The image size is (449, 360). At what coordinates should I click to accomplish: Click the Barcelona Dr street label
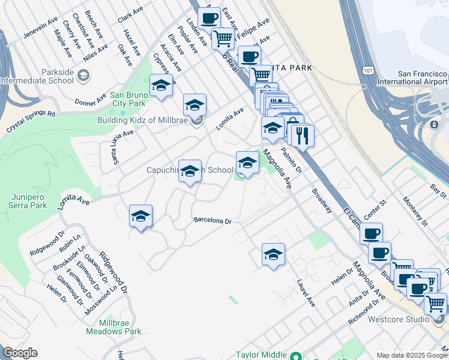click(212, 221)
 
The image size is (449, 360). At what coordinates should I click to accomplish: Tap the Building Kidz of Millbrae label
click(142, 120)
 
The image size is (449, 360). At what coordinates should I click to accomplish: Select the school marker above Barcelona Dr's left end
click(140, 217)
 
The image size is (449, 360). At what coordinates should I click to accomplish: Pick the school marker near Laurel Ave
click(273, 255)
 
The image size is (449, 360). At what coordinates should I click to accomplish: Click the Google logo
click(20, 353)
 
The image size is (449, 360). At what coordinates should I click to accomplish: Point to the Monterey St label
click(415, 211)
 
